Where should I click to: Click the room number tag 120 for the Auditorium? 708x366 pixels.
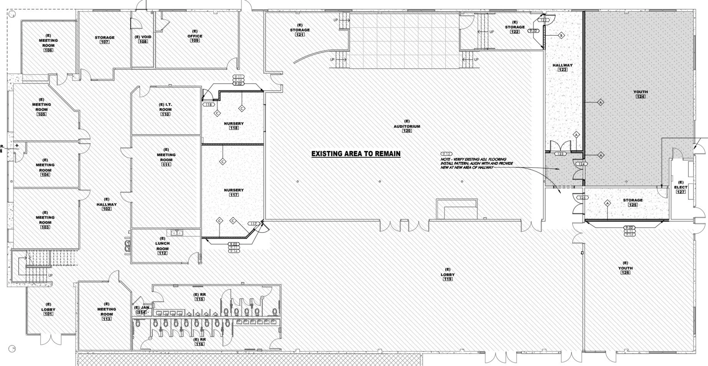pyautogui.click(x=407, y=131)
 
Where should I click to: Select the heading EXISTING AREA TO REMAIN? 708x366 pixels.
pyautogui.click(x=356, y=154)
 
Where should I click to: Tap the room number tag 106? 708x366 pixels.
pyautogui.click(x=48, y=50)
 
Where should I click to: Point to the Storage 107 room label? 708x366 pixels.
pyautogui.click(x=105, y=38)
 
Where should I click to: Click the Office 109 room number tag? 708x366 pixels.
pyautogui.click(x=195, y=41)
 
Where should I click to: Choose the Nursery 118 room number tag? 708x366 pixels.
pyautogui.click(x=234, y=128)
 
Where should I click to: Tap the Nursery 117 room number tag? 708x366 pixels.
pyautogui.click(x=234, y=195)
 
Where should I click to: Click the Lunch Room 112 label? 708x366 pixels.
pyautogui.click(x=162, y=246)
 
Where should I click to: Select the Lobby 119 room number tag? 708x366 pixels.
pyautogui.click(x=448, y=279)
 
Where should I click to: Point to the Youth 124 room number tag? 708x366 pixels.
pyautogui.click(x=640, y=97)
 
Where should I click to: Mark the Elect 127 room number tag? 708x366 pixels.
pyautogui.click(x=681, y=192)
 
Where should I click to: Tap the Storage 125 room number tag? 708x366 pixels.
pyautogui.click(x=632, y=205)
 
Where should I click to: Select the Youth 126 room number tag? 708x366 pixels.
pyautogui.click(x=625, y=272)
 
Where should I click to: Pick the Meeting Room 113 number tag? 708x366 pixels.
pyautogui.click(x=107, y=319)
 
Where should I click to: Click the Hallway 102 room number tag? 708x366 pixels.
pyautogui.click(x=107, y=209)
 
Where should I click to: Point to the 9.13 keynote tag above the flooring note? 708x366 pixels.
pyautogui.click(x=446, y=153)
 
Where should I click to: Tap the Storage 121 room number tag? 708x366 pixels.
pyautogui.click(x=300, y=35)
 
